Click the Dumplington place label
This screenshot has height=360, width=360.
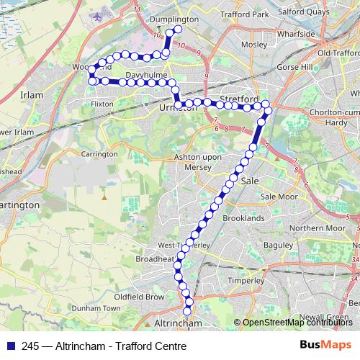174,19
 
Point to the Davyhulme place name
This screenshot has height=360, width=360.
146,74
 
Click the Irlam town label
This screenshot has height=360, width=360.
32,95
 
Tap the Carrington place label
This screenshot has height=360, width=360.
99,154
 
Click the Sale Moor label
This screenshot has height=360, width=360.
279,197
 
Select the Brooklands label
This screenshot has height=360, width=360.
244,217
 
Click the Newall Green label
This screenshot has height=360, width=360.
323,316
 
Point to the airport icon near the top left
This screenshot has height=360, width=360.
97,15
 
